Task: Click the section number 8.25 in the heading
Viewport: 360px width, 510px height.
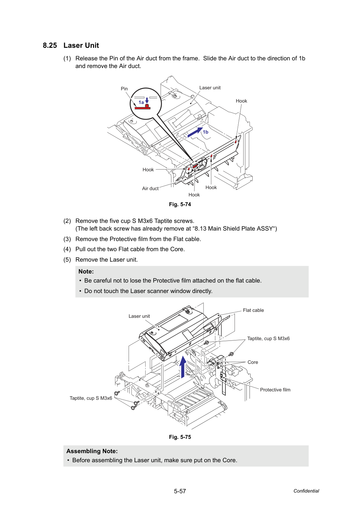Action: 50,45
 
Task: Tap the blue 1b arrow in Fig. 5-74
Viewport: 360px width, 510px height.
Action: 195,132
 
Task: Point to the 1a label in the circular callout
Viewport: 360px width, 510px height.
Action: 141,103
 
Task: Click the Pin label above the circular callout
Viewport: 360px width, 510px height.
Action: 124,89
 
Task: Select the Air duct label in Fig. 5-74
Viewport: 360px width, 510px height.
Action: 150,188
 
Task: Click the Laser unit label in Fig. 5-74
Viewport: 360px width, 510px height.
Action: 210,88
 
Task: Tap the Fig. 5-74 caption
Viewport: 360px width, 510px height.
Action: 180,204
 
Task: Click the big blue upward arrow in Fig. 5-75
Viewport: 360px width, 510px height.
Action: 183,367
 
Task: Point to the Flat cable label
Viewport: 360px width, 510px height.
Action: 253,310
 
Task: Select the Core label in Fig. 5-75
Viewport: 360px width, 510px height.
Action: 253,362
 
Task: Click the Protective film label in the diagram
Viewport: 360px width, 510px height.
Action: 275,390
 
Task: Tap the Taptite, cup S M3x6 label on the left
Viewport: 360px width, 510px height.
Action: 91,398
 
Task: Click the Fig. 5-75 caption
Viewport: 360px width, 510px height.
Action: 180,437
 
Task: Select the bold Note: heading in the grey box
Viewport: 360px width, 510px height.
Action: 86,272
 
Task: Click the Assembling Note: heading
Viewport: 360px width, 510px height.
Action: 92,451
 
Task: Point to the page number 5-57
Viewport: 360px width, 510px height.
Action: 180,491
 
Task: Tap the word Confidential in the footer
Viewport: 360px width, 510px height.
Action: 306,491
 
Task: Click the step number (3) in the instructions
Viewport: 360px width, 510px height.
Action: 67,239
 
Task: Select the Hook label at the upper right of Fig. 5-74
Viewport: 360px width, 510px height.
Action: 241,101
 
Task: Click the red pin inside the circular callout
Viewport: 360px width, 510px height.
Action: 143,107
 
